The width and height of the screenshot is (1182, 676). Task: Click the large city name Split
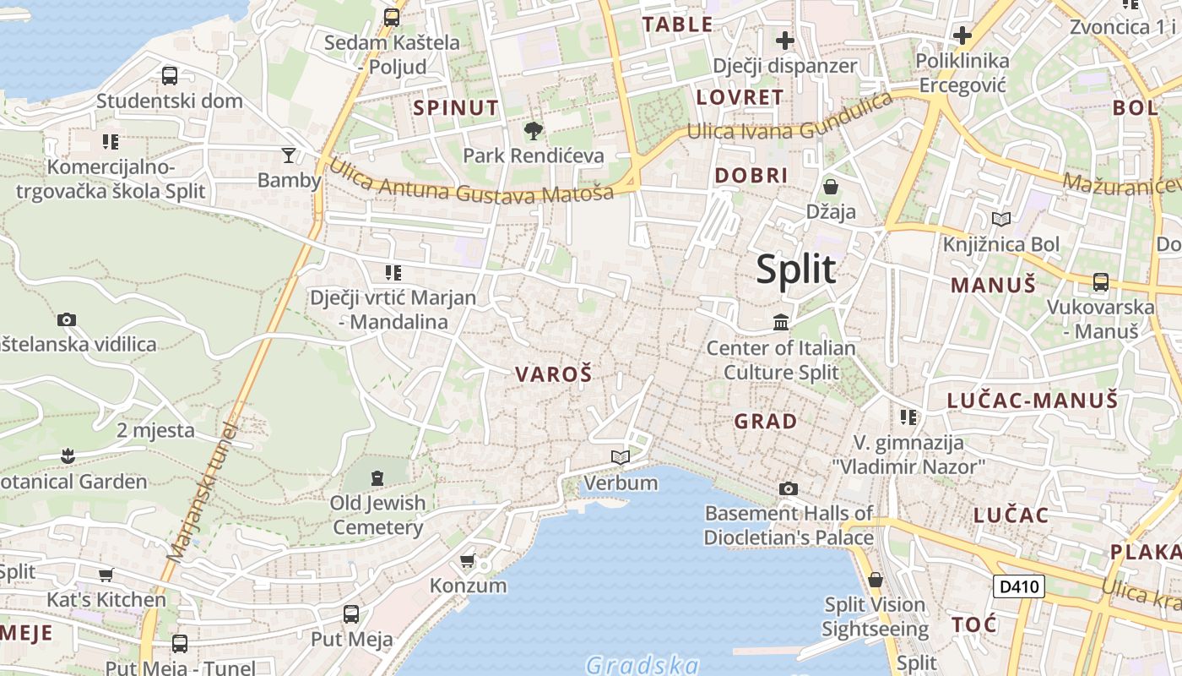795,270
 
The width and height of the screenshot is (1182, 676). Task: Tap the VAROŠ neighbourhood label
553,374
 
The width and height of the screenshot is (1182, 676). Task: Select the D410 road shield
1019,586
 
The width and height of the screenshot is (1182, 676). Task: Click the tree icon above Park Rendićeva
533,131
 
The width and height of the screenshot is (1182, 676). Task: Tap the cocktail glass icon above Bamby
289,155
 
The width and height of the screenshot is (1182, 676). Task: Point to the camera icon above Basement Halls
788,488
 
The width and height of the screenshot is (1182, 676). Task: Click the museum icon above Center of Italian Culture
781,323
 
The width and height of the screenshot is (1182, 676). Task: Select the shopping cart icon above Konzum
468,561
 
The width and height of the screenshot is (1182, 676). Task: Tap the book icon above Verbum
621,457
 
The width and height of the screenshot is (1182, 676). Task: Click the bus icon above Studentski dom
170,76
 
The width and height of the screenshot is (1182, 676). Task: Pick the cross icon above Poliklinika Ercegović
962,36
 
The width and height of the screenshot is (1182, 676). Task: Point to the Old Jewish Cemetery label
377,515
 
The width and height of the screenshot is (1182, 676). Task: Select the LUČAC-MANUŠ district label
1032,400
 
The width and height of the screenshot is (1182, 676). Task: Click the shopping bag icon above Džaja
831,186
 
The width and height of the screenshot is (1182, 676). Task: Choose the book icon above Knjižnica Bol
1001,220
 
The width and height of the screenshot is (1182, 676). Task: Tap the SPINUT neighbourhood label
456,107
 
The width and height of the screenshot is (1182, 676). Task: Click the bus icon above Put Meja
351,614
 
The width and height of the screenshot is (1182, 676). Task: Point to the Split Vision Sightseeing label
875,617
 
